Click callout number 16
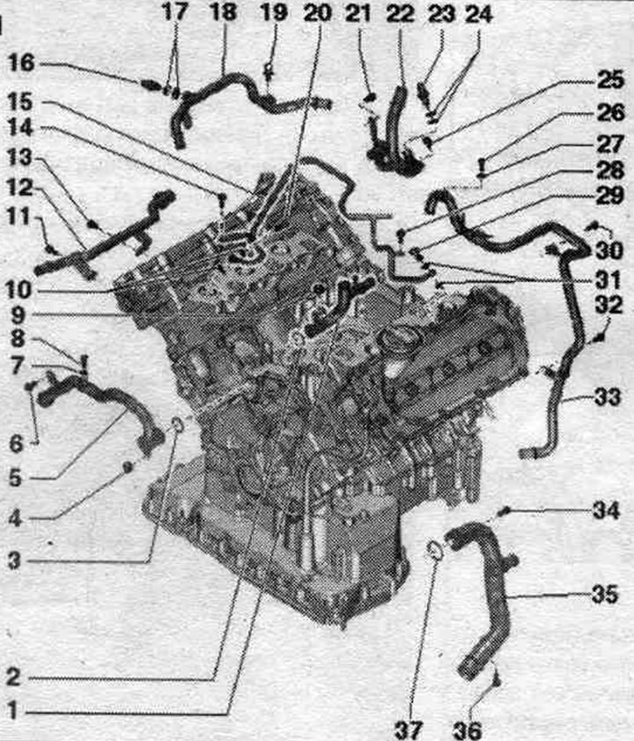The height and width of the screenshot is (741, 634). (x=21, y=63)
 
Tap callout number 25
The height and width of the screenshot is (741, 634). (x=610, y=80)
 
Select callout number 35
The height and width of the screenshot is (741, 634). (x=605, y=595)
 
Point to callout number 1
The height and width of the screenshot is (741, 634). (x=12, y=710)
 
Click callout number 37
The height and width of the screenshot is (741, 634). (x=409, y=730)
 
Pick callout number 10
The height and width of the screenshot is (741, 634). (x=18, y=289)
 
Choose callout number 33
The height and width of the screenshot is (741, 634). (x=607, y=397)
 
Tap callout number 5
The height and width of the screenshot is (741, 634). (x=16, y=478)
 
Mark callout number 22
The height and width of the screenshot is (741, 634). (x=400, y=13)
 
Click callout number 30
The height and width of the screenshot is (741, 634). (x=609, y=250)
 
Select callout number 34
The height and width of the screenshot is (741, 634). (x=606, y=511)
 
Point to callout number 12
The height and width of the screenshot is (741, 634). (x=20, y=188)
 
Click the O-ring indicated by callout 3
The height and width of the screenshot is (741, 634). (x=177, y=425)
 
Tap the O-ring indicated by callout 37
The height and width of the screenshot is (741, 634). (x=434, y=550)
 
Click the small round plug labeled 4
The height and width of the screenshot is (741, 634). (x=127, y=467)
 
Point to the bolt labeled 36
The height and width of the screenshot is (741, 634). (x=495, y=679)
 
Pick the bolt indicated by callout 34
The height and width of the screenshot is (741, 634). (x=505, y=510)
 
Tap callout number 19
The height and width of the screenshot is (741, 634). (x=274, y=12)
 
